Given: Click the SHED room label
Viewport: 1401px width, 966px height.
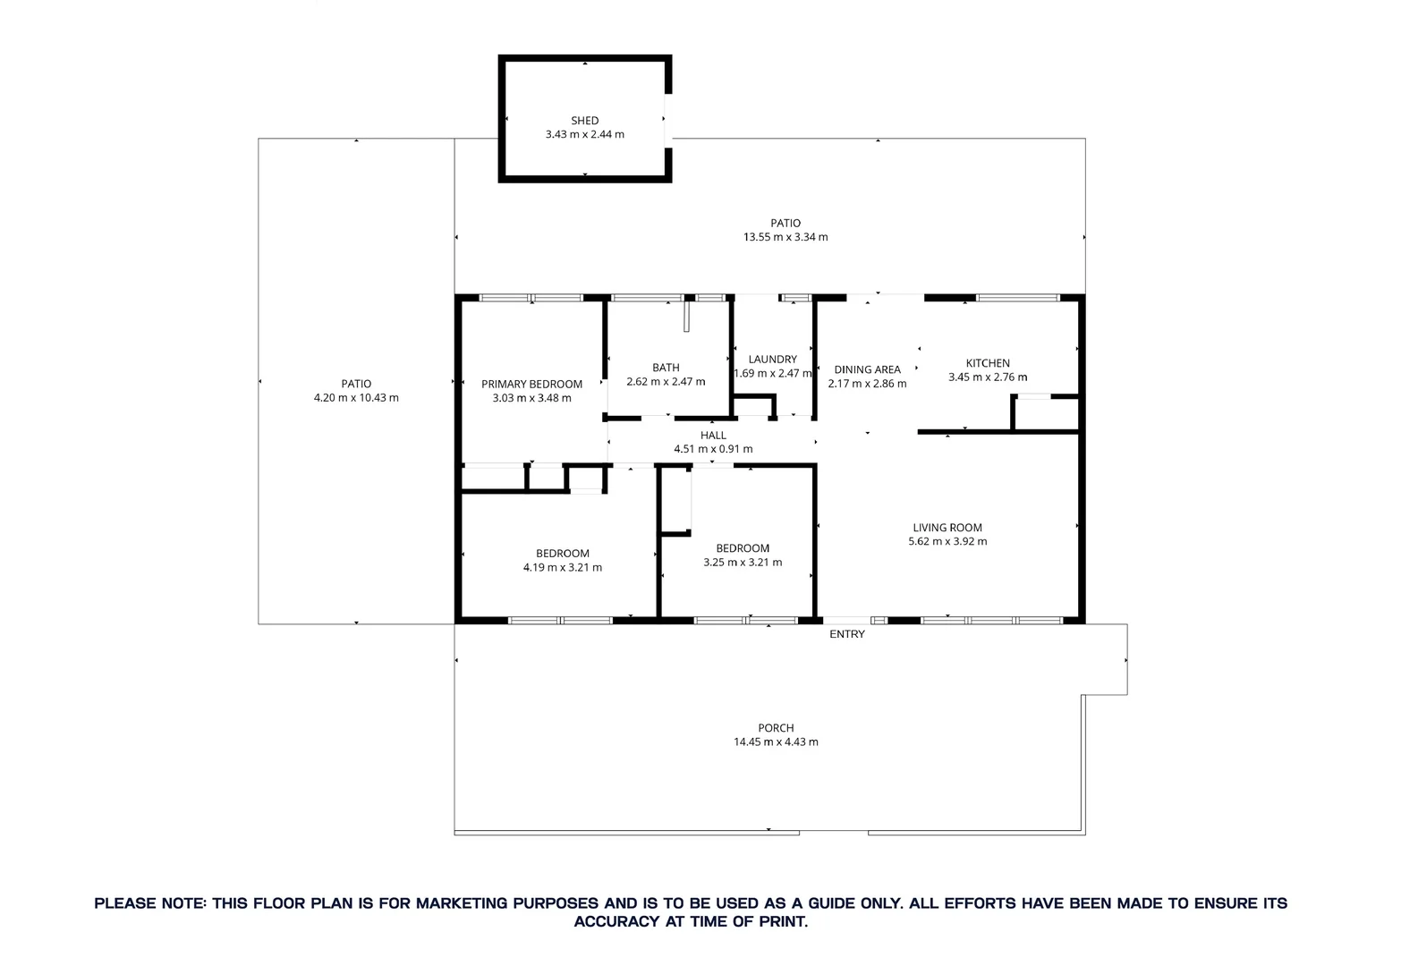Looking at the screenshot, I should pos(584,121).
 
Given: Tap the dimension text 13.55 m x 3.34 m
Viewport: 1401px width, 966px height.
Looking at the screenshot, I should pos(785,237).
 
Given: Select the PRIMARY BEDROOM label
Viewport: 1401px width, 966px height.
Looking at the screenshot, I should pos(531,385).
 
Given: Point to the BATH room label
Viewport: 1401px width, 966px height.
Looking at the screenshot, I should pos(666,368).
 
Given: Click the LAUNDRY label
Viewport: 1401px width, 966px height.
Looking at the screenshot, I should pos(772,360).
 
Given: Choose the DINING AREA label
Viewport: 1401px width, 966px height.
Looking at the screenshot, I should pos(867,369).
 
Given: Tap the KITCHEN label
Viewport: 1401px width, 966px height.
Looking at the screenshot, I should pos(988,363).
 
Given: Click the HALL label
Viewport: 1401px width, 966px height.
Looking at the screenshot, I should pos(713,436).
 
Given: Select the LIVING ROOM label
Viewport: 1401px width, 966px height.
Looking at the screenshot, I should pos(947,528).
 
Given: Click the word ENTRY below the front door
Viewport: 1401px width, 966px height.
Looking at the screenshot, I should pos(847,634).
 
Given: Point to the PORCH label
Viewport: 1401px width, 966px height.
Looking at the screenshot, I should pos(776,728).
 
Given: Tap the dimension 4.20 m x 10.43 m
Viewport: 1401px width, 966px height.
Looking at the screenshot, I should pos(356,398).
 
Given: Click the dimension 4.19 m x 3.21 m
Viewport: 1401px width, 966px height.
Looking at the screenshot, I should pos(562,567).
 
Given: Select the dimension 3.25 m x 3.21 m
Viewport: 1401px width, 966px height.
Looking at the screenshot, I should pos(743,563).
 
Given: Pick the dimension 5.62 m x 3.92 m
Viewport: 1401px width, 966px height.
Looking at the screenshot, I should pos(947,541).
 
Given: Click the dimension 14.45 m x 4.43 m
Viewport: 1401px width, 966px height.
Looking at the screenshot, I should pos(776,741).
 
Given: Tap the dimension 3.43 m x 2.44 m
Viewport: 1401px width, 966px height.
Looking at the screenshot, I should pos(584,134).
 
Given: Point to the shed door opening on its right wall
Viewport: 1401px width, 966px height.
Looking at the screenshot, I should pos(667,118).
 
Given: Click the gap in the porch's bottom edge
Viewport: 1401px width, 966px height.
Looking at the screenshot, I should pos(833,834).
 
